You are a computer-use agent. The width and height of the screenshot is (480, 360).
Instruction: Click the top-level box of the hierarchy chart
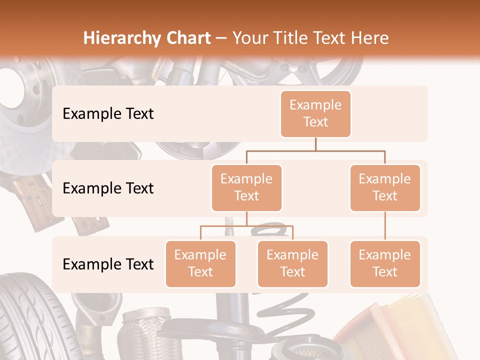tap(315, 113)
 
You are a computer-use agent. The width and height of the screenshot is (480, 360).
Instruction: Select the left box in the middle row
tap(246, 187)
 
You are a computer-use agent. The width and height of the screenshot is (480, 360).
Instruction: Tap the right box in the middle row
tap(385, 187)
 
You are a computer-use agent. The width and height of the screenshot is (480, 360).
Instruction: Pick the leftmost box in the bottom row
tap(200, 263)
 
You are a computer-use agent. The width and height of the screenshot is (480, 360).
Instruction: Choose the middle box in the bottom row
tap(292, 263)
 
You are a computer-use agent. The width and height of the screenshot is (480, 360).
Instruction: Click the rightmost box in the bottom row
tap(385, 263)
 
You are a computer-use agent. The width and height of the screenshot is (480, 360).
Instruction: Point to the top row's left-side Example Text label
tap(108, 114)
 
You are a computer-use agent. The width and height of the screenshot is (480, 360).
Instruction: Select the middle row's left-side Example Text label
tap(108, 188)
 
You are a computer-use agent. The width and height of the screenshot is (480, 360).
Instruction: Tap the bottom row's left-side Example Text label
tap(108, 264)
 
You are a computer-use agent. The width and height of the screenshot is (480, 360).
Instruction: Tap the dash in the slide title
tap(221, 38)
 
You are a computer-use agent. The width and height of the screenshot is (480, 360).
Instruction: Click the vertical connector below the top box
tap(315, 144)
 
